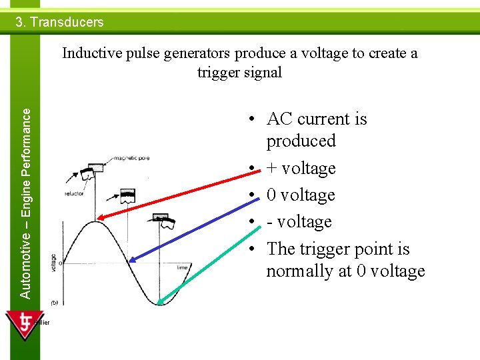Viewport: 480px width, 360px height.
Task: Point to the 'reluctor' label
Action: point(73,194)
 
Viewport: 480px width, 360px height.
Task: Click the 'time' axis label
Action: point(182,267)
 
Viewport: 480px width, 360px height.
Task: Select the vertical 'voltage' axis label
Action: point(53,263)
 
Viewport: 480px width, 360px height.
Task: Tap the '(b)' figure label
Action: point(54,302)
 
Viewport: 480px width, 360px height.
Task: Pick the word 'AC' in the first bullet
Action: point(280,119)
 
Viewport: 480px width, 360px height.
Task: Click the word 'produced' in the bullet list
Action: point(301,141)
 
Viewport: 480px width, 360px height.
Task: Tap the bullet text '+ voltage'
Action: point(301,168)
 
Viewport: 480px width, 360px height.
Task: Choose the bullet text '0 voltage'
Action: point(300,195)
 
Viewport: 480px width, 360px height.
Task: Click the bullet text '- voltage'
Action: point(299,222)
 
